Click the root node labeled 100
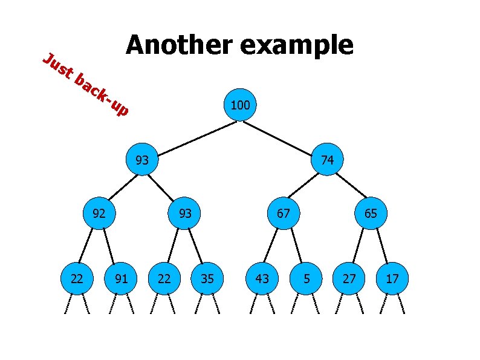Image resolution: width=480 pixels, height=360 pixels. tap(240, 106)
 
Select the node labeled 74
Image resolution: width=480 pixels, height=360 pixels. tap(327, 160)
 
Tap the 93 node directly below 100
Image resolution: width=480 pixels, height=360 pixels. tap(142, 160)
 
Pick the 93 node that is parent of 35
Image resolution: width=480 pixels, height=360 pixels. tap(185, 213)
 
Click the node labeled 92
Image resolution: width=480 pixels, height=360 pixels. tap(99, 213)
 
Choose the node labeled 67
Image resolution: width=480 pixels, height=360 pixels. tap(284, 213)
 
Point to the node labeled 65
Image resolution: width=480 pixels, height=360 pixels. tap(371, 213)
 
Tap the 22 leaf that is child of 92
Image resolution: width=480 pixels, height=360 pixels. tap(77, 279)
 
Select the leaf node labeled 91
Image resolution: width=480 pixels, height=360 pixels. tap(121, 279)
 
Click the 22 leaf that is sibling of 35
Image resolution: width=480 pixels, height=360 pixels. tap(164, 279)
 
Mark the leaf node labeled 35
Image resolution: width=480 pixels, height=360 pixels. tap(207, 279)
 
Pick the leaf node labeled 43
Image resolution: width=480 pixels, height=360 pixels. tap(262, 279)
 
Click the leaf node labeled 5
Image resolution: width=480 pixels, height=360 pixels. tap(306, 279)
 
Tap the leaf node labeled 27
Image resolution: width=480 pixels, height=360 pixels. tap(349, 279)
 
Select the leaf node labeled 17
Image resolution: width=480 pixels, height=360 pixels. tap(393, 279)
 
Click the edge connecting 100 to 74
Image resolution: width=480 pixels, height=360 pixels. tap(284, 133)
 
